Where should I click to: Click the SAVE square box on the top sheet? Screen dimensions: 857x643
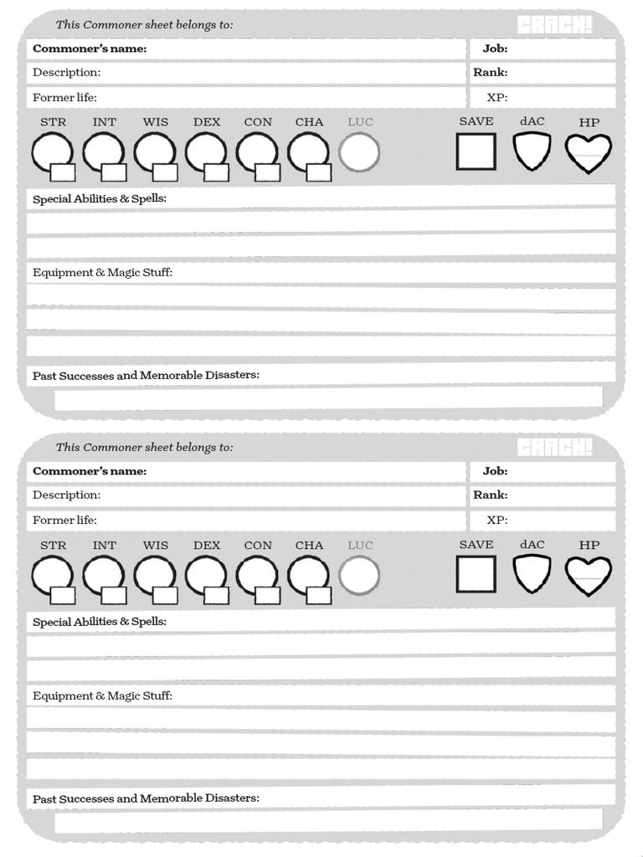point(476,151)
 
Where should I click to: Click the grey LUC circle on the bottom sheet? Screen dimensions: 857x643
point(359,576)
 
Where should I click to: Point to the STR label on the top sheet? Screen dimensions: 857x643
point(53,122)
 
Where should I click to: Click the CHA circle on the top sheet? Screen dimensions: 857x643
point(307,152)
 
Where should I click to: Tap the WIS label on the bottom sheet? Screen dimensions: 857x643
point(155,546)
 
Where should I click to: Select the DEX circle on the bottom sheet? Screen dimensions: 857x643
point(205,575)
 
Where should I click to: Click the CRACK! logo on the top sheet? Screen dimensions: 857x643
point(554,25)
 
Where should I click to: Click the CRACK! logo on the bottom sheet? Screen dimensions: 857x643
point(554,448)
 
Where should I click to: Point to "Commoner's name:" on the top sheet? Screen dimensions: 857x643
point(90,49)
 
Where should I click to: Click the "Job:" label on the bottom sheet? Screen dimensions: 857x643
point(495,471)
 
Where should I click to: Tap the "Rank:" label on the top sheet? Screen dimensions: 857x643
point(491,72)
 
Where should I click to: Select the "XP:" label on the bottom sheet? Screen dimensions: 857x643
point(497,520)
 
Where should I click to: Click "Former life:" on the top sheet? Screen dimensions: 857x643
point(64,97)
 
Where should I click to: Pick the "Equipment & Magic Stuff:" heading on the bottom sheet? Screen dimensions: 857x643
point(102,695)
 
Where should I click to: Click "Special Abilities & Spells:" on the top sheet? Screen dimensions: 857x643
point(100,199)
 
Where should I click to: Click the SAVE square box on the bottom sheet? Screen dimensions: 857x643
point(476,574)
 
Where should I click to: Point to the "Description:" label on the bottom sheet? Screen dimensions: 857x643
point(66,495)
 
